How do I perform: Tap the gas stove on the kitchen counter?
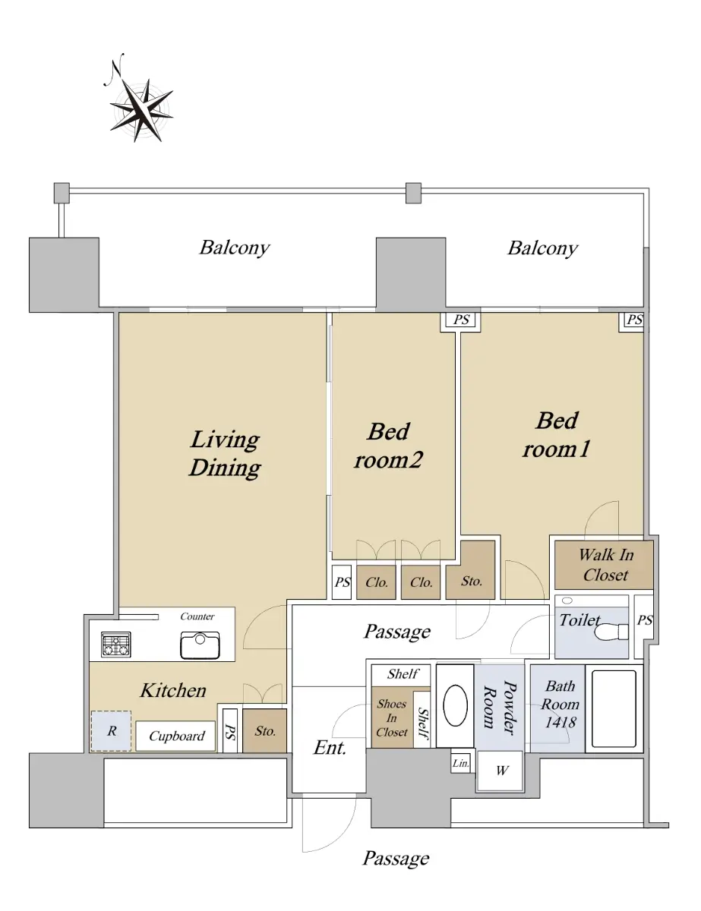pyautogui.click(x=115, y=645)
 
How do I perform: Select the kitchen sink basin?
pyautogui.click(x=200, y=645)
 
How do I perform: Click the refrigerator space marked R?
pyautogui.click(x=111, y=731)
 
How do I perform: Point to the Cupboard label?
pyautogui.click(x=176, y=736)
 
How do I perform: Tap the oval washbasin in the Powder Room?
pyautogui.click(x=455, y=705)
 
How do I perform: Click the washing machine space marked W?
pyautogui.click(x=501, y=771)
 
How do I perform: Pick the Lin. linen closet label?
pyautogui.click(x=460, y=764)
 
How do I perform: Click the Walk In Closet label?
pyautogui.click(x=605, y=565)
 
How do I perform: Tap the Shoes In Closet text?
pyautogui.click(x=392, y=718)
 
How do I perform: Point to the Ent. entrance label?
pyautogui.click(x=330, y=748)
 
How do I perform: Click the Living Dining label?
pyautogui.click(x=225, y=454)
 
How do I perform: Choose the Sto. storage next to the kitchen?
pyautogui.click(x=264, y=731)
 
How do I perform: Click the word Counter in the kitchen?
pyautogui.click(x=197, y=616)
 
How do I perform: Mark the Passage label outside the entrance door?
pyautogui.click(x=396, y=858)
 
